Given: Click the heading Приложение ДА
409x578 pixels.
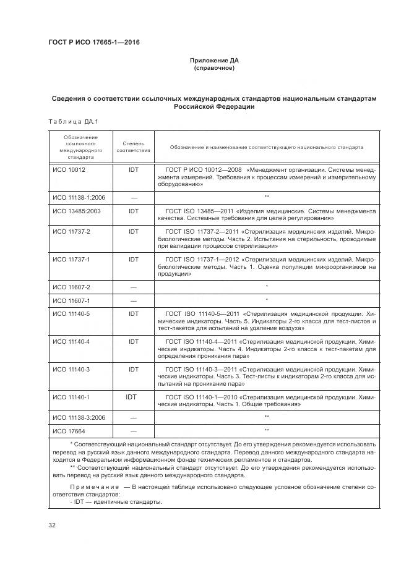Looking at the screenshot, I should point(214,61).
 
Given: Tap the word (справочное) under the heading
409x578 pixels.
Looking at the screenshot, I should point(214,68).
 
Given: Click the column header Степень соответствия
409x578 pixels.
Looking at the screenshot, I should point(133,147).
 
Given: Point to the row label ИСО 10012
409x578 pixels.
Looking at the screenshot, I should point(69,169).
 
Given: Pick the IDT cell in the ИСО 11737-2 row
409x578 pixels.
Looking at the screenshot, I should point(133,231).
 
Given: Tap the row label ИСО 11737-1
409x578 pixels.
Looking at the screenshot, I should point(71,259).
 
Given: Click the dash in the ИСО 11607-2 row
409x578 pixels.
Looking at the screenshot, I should point(133,287).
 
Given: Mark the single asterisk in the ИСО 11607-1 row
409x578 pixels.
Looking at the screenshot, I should point(266,300).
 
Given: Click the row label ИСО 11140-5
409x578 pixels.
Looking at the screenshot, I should point(71,314).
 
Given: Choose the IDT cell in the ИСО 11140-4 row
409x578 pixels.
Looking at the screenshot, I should point(133,341).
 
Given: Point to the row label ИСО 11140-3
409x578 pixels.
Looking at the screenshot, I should point(71,369).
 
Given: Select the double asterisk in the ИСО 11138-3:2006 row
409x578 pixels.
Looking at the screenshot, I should point(266,417).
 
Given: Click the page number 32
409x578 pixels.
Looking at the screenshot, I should point(52,525).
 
